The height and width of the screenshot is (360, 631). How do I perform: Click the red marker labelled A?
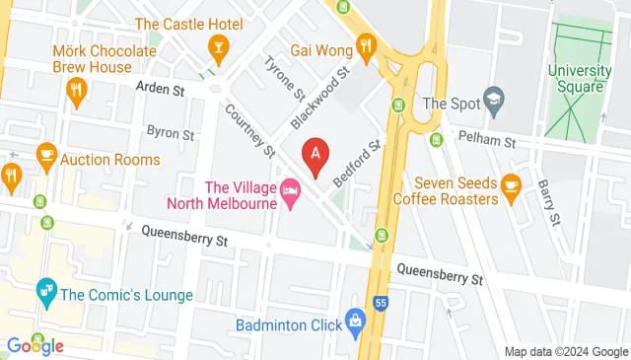pos(315,156)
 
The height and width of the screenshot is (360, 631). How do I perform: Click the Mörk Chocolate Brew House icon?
pos(76,92)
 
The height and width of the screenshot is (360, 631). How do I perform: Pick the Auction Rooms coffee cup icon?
pos(45,155)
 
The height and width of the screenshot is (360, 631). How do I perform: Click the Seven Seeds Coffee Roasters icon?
pos(511,184)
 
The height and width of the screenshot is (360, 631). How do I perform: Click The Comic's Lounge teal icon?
pos(44,290)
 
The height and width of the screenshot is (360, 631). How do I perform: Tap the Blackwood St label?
pos(321,97)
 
